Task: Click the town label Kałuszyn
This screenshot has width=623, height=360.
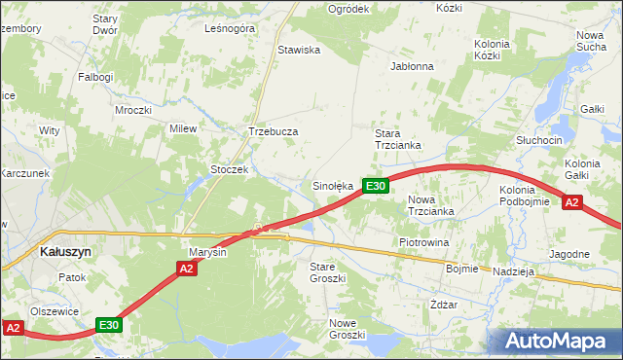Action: tap(65, 250)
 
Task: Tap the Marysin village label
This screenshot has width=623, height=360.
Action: tap(207, 252)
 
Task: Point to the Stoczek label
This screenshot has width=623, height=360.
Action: tap(231, 168)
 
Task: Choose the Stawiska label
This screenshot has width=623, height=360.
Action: tap(299, 50)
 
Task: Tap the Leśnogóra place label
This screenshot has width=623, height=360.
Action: tap(230, 29)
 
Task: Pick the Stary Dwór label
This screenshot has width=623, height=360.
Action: tap(105, 24)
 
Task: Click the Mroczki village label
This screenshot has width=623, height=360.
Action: tap(132, 110)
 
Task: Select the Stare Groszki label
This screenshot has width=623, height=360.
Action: tap(328, 271)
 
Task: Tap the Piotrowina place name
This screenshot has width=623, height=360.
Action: tap(423, 241)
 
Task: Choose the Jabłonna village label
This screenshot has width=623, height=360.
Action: tap(411, 67)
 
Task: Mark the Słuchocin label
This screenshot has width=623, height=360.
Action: tap(539, 140)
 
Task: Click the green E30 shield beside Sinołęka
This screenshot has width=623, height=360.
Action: tap(377, 186)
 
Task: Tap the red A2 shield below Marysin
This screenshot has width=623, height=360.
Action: tap(189, 268)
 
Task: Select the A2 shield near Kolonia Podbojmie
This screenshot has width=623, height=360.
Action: tap(572, 202)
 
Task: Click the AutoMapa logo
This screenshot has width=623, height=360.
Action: tap(556, 342)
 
